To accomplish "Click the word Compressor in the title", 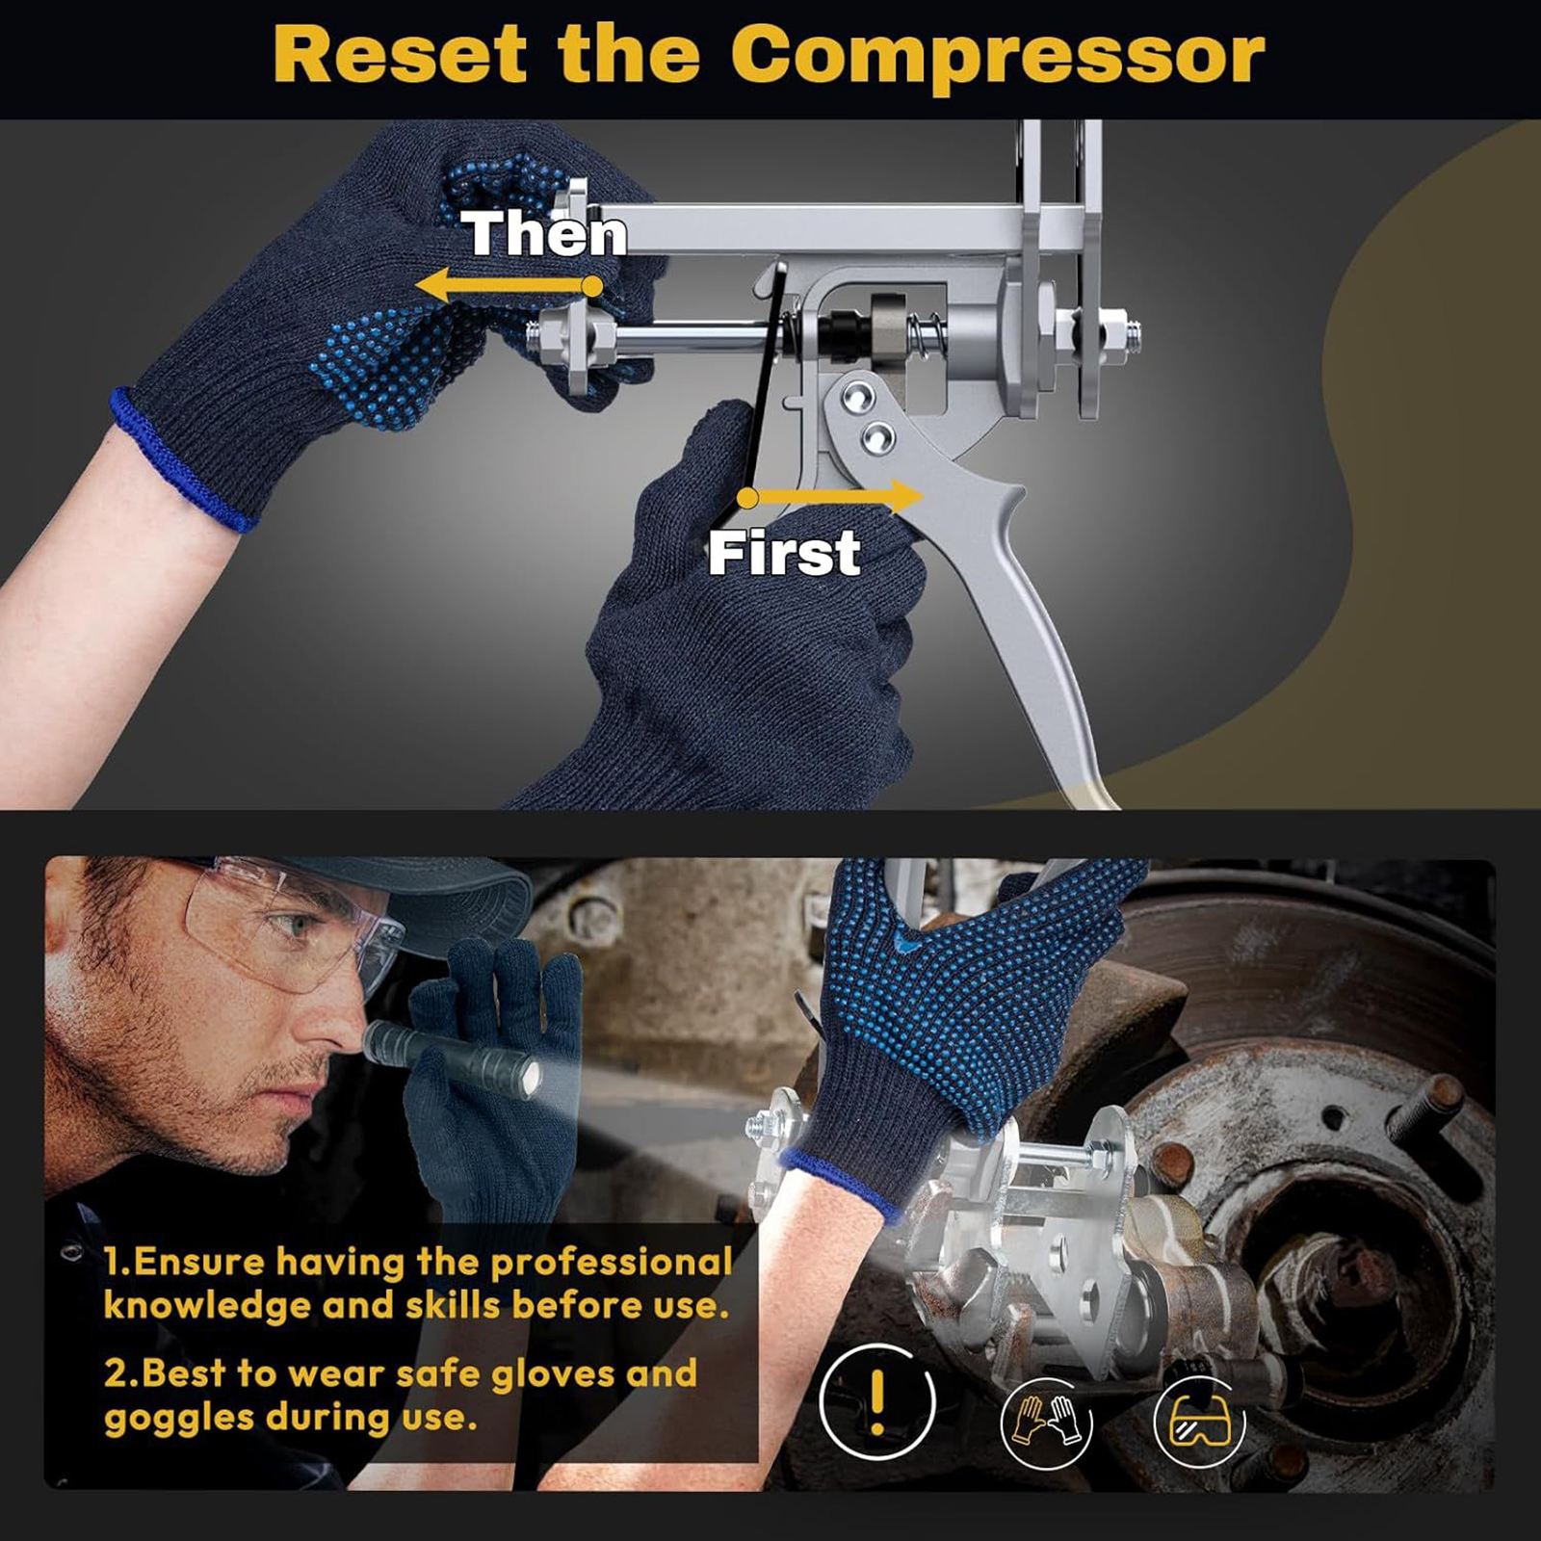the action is point(998,57).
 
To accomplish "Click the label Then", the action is point(544,234).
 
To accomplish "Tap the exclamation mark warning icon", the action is point(876,1401).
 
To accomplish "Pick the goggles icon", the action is point(1199,1421).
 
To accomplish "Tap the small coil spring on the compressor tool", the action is point(926,333).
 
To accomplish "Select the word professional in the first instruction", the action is point(612,1263).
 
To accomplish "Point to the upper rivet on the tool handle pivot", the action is point(856,394).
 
